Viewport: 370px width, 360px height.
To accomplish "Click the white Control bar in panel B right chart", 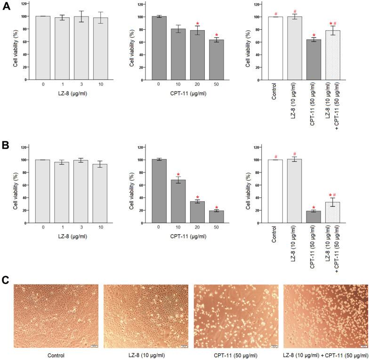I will [x=275, y=191].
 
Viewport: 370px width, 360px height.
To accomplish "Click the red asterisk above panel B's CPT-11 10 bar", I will [x=178, y=175].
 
